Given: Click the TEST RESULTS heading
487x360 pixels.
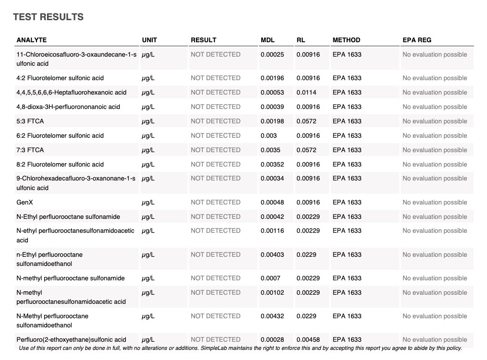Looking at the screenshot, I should (x=48, y=17).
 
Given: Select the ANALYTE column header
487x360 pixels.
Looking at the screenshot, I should (x=32, y=40).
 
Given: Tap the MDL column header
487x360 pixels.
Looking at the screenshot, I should (x=268, y=40).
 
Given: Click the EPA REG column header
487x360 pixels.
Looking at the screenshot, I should (x=417, y=40).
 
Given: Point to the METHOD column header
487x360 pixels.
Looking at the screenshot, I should (x=346, y=40).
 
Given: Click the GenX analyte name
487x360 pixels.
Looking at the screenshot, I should (x=25, y=203).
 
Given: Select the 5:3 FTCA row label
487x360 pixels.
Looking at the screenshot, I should (x=30, y=121).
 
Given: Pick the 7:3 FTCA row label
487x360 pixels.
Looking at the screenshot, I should (x=30, y=150).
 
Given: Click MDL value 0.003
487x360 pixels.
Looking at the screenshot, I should (x=268, y=135).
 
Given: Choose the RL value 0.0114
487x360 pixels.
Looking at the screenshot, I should (x=306, y=92).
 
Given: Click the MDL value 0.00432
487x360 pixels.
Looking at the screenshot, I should (x=272, y=316).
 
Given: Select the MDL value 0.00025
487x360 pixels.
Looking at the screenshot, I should (x=272, y=54).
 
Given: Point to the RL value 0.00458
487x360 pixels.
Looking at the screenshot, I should (x=308, y=339).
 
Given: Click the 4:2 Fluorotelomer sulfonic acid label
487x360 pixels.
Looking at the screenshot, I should (x=60, y=78).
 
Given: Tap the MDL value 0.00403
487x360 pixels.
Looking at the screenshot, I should (x=272, y=254).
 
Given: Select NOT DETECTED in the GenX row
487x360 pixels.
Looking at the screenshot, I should (x=215, y=203).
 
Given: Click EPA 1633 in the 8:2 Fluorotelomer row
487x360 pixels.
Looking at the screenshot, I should (x=347, y=164).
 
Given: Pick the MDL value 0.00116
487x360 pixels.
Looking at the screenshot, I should (x=272, y=231).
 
